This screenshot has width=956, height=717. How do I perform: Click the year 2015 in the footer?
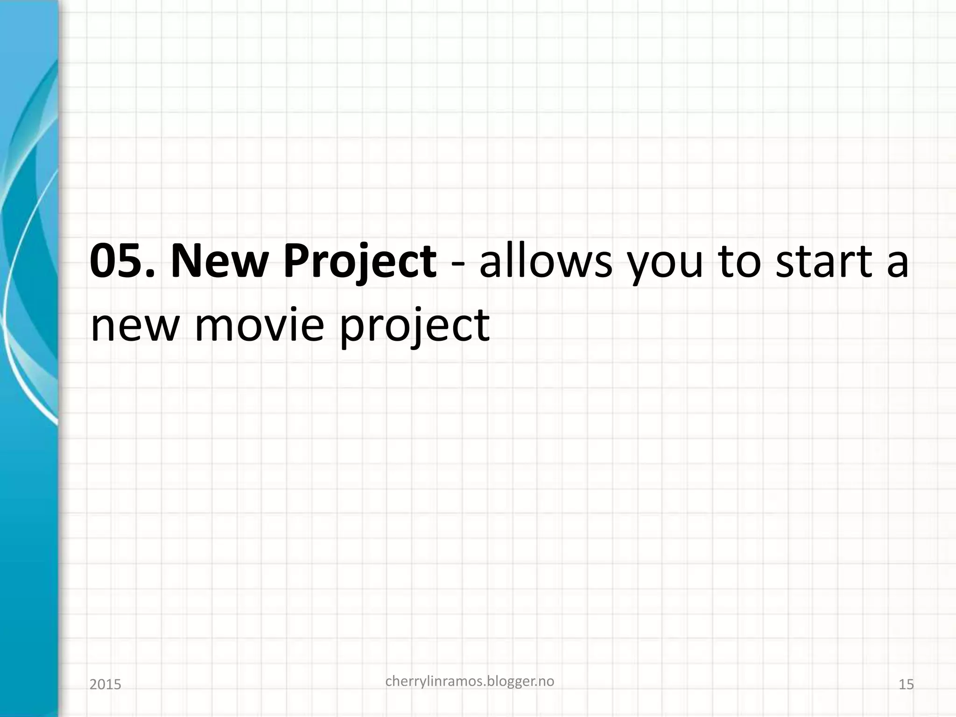pos(105,685)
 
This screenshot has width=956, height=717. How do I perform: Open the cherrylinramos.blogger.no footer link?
pos(470,682)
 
